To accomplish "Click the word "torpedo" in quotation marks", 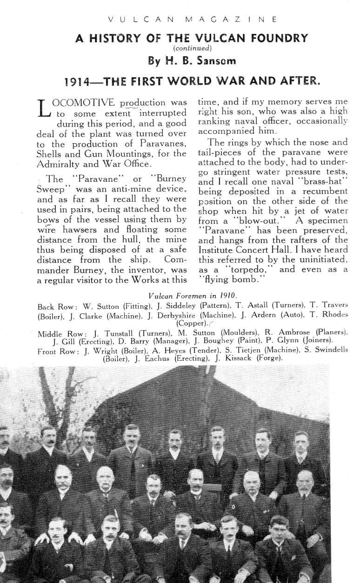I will pyautogui.click(x=236, y=270).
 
